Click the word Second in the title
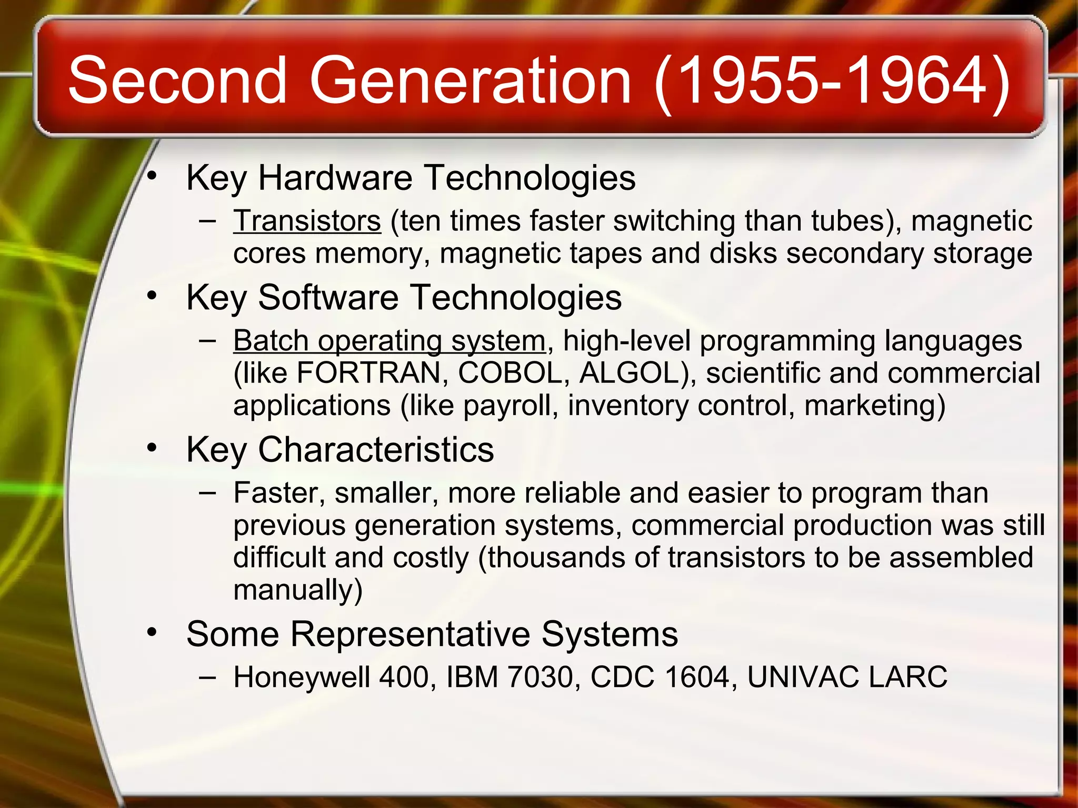click(177, 80)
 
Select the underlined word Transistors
click(307, 221)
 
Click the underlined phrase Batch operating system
click(389, 341)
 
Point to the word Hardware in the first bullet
click(335, 178)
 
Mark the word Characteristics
click(376, 450)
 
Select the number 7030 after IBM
click(540, 677)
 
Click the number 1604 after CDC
click(697, 677)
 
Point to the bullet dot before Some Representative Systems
click(152, 632)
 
